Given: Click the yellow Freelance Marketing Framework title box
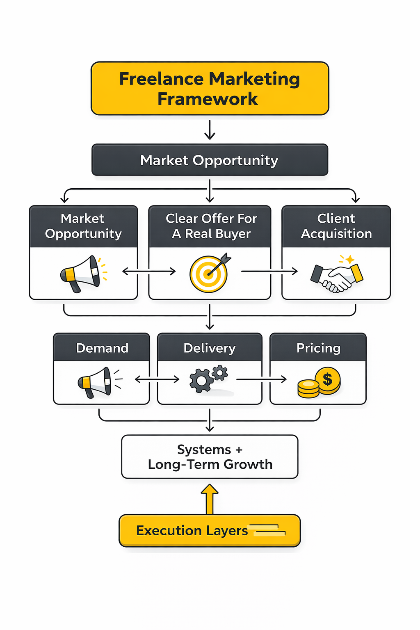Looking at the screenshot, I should pyautogui.click(x=210, y=89).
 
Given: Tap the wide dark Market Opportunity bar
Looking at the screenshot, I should pyautogui.click(x=210, y=160).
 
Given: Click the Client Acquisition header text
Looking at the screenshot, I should pyautogui.click(x=336, y=226).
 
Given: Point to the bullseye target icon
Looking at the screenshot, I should pyautogui.click(x=209, y=273).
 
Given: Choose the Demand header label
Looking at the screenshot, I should pyautogui.click(x=102, y=348).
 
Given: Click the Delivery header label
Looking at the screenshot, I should pyautogui.click(x=210, y=348).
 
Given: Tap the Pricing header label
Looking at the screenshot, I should pyautogui.click(x=318, y=348).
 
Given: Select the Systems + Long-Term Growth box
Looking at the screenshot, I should pyautogui.click(x=210, y=457).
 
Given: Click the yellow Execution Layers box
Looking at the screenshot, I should pyautogui.click(x=210, y=531).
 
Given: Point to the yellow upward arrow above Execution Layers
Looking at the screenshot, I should pyautogui.click(x=210, y=499).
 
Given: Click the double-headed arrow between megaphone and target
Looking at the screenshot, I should pyautogui.click(x=149, y=271).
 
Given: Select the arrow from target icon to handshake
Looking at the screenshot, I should pyautogui.click(x=269, y=271).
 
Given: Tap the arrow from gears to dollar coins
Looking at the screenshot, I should pyautogui.click(x=261, y=379).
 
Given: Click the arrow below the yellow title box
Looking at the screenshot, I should pyautogui.click(x=210, y=130).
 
